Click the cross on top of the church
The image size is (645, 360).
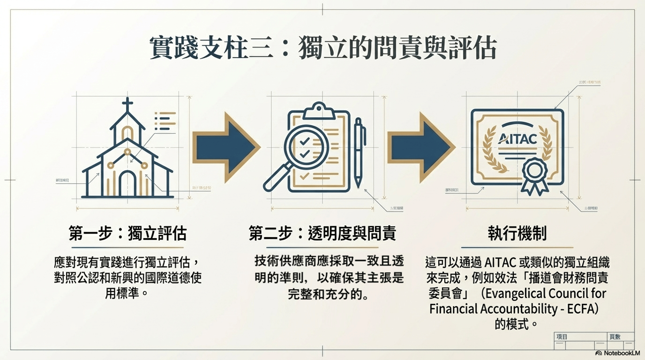pyautogui.click(x=127, y=104)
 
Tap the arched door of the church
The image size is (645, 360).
pyautogui.click(x=127, y=184)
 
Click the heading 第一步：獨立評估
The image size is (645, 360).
pyautogui.click(x=127, y=233)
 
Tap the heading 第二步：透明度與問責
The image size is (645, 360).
pyautogui.click(x=322, y=233)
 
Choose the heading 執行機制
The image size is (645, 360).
pyautogui.click(x=517, y=233)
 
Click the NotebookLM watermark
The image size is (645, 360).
pyautogui.click(x=618, y=353)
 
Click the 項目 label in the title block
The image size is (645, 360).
pyautogui.click(x=562, y=337)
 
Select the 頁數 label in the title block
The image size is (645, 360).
pyautogui.click(x=615, y=337)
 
